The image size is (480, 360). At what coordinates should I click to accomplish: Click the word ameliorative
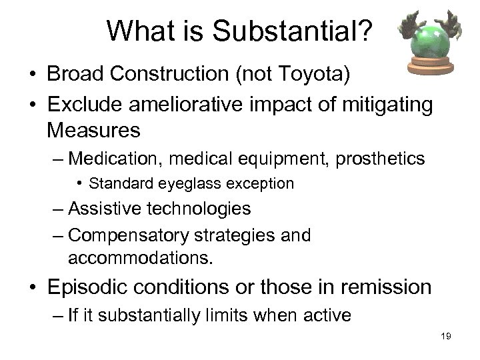point(201,105)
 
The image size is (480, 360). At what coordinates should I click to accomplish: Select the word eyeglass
point(197,183)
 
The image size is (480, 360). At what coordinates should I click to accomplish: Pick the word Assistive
point(107,209)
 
